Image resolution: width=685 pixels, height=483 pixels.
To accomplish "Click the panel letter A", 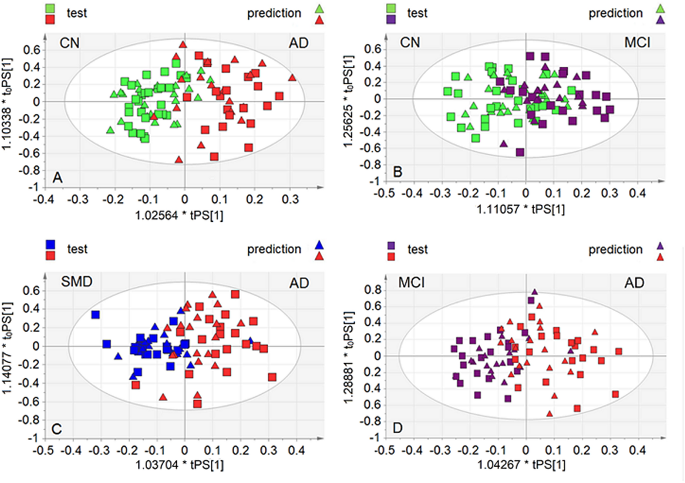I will point(58,178).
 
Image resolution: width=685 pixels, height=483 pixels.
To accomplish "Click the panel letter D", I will point(398,428).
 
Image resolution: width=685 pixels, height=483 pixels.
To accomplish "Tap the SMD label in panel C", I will point(77,282).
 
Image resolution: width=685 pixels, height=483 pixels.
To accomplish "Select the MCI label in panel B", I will point(637,43).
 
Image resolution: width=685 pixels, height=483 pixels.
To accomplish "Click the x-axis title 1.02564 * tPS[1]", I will point(179,216).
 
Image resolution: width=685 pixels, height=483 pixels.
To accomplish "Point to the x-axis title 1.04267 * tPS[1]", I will point(521,465).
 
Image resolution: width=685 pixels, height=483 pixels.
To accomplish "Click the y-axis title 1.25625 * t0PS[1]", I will point(349,101).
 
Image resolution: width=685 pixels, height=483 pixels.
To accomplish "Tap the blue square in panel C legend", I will point(51,244).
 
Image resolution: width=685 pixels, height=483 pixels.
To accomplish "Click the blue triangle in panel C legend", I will point(319,245).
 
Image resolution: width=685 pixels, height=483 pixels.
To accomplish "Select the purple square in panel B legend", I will point(391,19).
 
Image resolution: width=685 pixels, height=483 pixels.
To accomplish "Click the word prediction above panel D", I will point(615,250).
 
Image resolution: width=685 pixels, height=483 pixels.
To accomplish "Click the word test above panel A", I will point(77,13).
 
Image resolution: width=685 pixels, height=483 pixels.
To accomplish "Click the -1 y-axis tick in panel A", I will point(33,187).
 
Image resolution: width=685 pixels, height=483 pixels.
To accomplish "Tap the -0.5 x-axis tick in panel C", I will point(43,450).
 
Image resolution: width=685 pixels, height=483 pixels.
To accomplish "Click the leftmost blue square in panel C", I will point(96,315).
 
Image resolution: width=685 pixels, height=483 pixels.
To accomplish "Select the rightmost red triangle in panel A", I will point(292,78).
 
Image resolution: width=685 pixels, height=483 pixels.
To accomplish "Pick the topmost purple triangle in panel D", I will point(534,292).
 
